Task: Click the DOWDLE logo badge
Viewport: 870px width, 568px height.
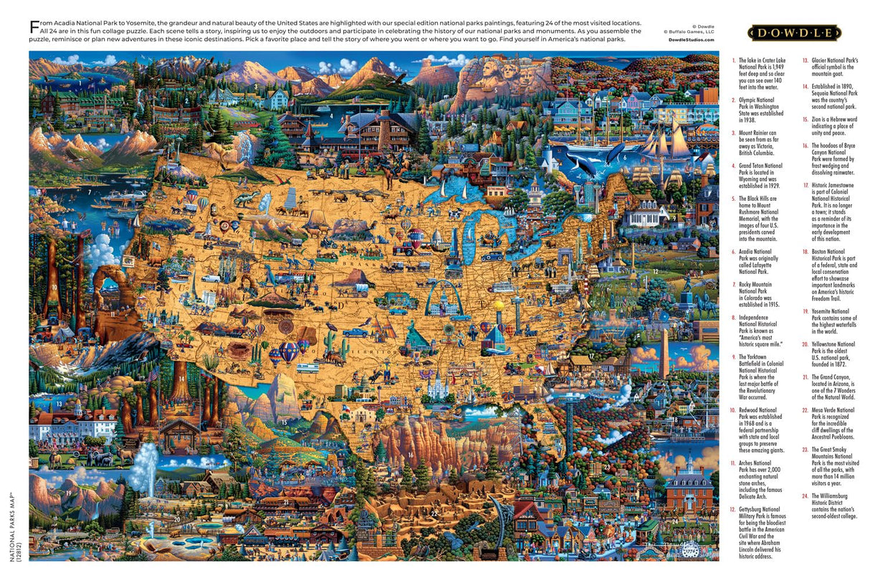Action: point(794,33)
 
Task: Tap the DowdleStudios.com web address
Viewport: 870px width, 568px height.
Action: point(690,40)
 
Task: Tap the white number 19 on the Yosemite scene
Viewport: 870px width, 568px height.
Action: point(68,493)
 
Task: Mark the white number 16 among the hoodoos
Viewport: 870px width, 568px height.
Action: point(410,454)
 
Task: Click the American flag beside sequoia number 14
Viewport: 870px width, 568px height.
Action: point(153,374)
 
